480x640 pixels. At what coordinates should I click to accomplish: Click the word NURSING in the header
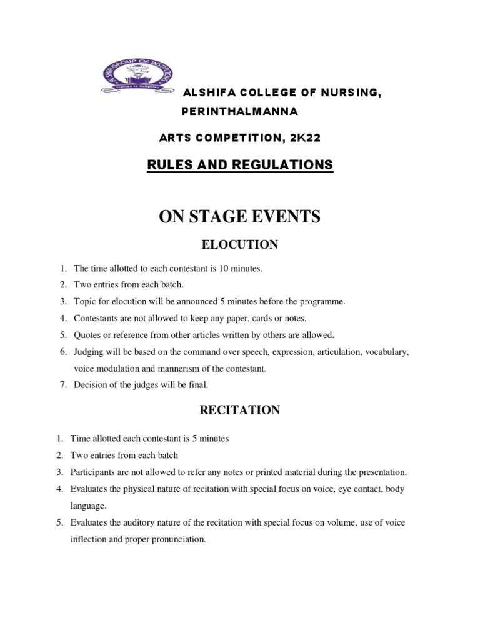click(x=349, y=93)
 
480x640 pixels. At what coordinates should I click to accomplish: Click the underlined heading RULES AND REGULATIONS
click(x=239, y=165)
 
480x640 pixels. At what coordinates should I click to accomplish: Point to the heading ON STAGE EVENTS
click(x=239, y=216)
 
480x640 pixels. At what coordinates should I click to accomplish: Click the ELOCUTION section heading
click(x=239, y=245)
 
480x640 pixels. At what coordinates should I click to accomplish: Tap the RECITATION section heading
click(x=239, y=410)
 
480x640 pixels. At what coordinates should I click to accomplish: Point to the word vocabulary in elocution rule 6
click(x=386, y=352)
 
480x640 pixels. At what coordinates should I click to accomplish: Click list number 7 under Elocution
click(x=63, y=385)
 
